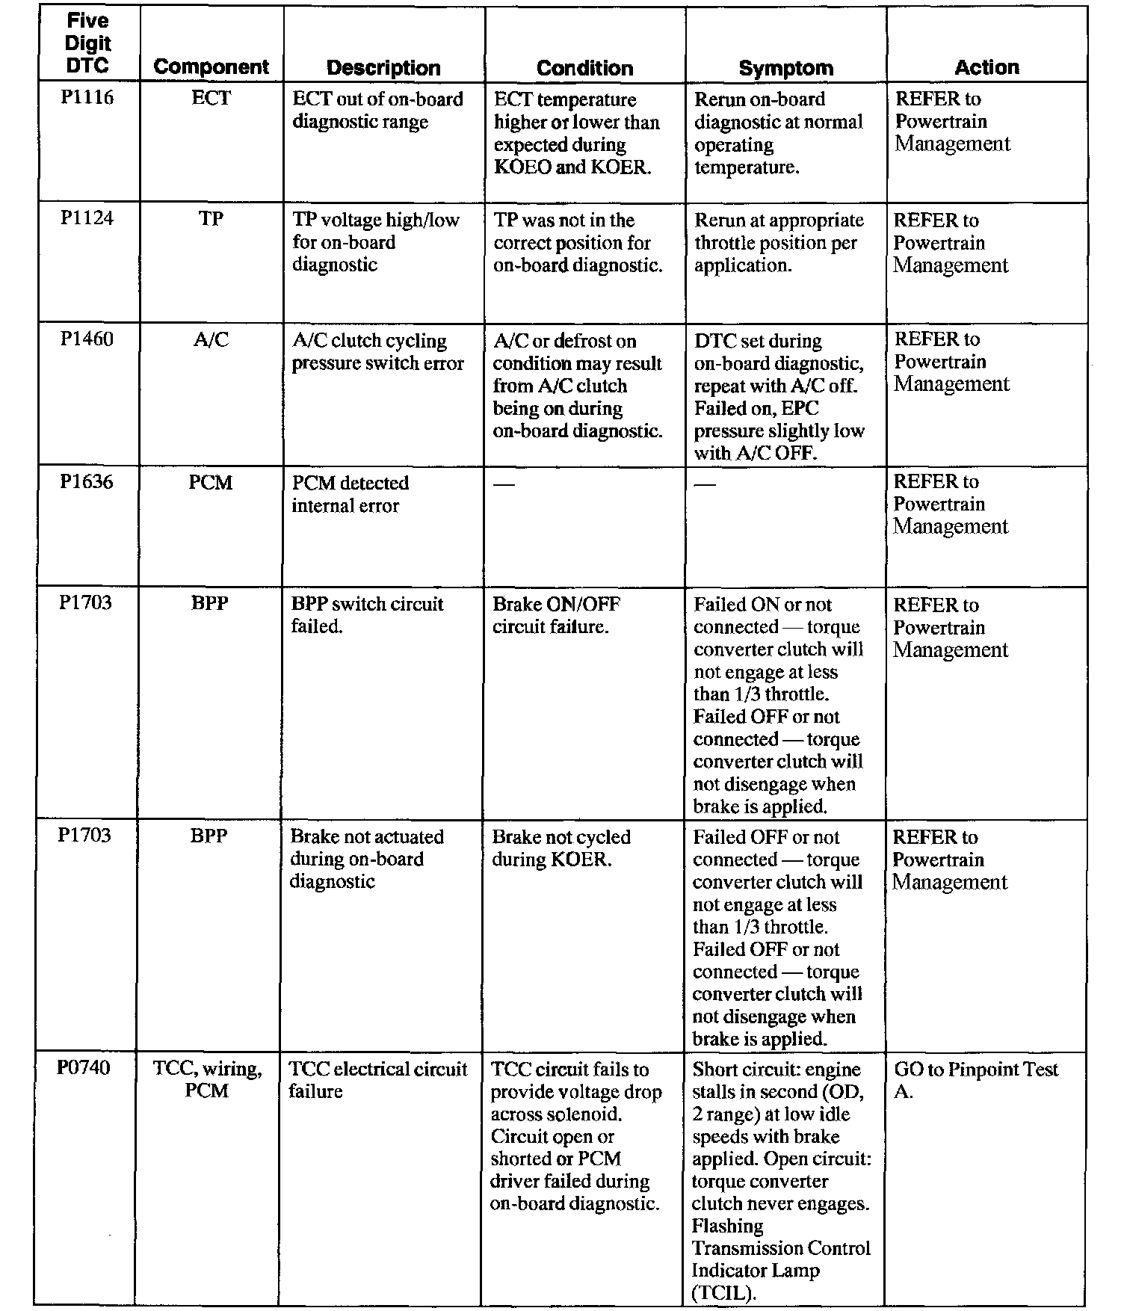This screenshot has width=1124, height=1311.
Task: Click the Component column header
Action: pos(211,67)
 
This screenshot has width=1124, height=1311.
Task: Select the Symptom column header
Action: pos(785,68)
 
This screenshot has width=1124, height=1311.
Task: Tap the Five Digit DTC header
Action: pos(87,43)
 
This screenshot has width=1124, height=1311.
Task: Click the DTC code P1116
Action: pos(87,98)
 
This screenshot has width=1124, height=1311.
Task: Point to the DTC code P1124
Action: pos(87,218)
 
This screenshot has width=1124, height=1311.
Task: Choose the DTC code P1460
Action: pos(87,339)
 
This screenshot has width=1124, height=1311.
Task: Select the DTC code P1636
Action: pos(87,482)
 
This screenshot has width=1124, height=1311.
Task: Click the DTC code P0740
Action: pos(84,1067)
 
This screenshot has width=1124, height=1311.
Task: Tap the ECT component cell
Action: pos(211,98)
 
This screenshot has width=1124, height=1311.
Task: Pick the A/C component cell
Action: pos(211,340)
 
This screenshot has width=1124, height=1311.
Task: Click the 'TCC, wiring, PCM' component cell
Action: pos(207,1079)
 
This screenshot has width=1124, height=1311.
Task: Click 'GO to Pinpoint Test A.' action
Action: pos(975,1079)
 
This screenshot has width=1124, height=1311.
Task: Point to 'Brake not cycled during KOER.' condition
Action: pos(561,848)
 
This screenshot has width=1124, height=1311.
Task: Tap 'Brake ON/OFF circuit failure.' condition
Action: pos(556,615)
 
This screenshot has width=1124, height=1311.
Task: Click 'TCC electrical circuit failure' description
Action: pos(377,1079)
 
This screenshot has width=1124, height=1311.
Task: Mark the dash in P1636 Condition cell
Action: pos(504,484)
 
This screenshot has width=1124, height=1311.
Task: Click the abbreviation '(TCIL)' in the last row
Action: pos(720,1292)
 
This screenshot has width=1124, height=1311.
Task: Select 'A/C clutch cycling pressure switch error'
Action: pos(377,352)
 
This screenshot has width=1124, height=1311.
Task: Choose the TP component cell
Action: pos(211,219)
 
